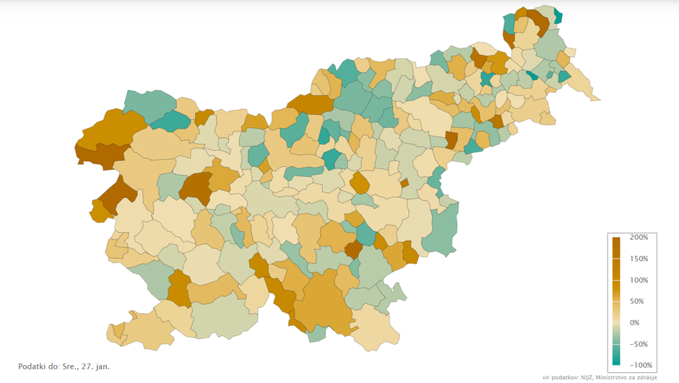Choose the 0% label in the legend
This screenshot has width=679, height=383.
coord(635,322)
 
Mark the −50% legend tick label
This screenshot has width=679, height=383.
coord(638,344)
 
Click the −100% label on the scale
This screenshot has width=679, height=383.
coord(639,365)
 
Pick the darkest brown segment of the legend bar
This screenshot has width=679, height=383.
coord(616,242)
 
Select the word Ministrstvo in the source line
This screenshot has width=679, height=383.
coord(618,377)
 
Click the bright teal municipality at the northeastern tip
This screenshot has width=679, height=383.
coord(558,16)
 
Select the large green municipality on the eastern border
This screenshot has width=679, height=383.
coord(441,230)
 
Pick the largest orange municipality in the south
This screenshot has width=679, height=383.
coord(322,300)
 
